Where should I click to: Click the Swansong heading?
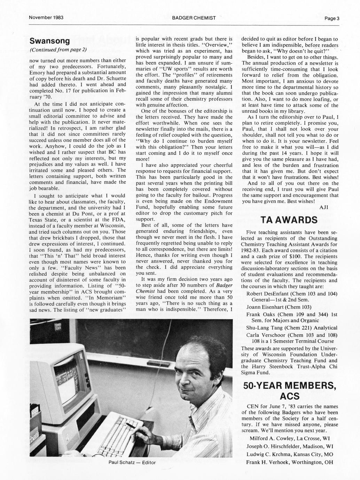pos(50,41)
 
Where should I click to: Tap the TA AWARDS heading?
pos(289,220)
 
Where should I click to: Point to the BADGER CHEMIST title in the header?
pos(194,17)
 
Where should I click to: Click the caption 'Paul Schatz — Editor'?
pos(132,462)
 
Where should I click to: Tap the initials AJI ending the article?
pos(324,207)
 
